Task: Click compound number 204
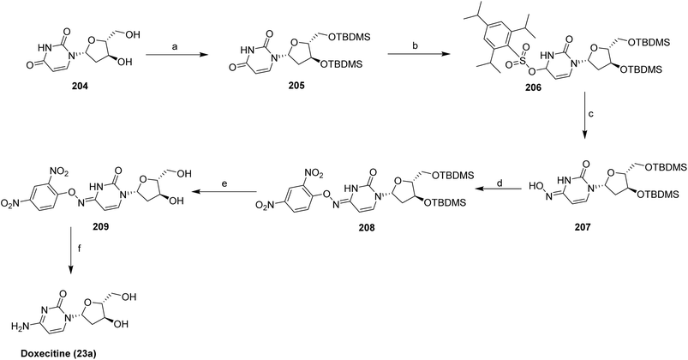click(81, 87)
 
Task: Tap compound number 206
click(533, 87)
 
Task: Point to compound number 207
click(583, 227)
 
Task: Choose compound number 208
click(366, 228)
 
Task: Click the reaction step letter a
click(175, 46)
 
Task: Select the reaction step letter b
click(414, 45)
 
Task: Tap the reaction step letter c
click(591, 115)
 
